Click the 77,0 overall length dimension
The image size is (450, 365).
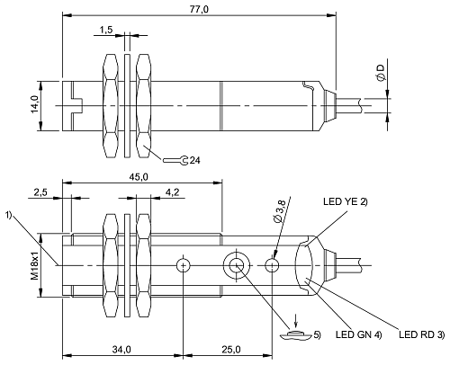click(199, 9)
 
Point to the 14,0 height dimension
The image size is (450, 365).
click(34, 106)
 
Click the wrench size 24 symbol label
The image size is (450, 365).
click(194, 161)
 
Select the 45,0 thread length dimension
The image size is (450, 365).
click(139, 178)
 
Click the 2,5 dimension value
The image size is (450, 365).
click(40, 192)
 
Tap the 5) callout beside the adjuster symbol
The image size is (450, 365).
click(315, 335)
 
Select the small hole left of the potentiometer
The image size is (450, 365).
click(184, 265)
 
